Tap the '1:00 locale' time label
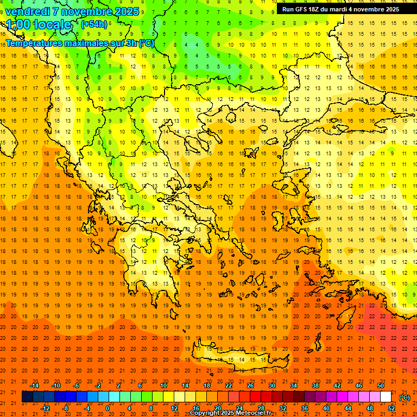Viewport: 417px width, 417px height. click(x=39, y=24)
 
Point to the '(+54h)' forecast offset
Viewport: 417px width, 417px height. click(x=94, y=24)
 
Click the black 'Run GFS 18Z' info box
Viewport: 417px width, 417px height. click(x=340, y=9)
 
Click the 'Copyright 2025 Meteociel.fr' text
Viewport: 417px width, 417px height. click(x=230, y=413)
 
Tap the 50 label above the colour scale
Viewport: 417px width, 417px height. click(x=380, y=386)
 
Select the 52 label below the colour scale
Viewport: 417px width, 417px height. click(x=391, y=408)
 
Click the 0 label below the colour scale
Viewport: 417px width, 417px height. click(x=108, y=408)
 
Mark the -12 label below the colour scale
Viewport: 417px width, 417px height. click(x=45, y=408)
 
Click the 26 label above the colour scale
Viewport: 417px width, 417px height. click(x=250, y=386)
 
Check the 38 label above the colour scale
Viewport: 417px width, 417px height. click(x=315, y=386)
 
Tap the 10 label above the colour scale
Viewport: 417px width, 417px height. click(x=163, y=386)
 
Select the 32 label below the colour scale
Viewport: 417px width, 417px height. click(x=283, y=408)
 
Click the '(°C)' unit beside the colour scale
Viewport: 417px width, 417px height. click(x=405, y=397)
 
